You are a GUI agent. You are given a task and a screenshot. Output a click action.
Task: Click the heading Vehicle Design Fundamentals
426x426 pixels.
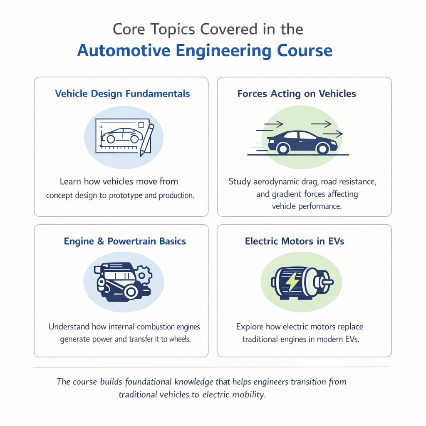tap(122, 94)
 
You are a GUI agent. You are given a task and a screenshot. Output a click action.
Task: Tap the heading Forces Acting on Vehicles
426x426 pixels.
tap(297, 94)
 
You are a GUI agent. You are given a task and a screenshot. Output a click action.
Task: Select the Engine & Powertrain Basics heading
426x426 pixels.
tap(125, 241)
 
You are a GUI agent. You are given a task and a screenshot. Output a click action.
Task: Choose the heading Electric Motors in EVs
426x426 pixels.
tap(295, 241)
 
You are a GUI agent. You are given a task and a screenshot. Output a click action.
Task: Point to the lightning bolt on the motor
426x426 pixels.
tap(293, 282)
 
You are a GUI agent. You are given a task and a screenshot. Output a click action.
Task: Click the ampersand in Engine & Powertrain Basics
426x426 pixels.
tap(100, 241)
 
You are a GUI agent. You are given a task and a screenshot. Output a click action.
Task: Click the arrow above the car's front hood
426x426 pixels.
tap(321, 124)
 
